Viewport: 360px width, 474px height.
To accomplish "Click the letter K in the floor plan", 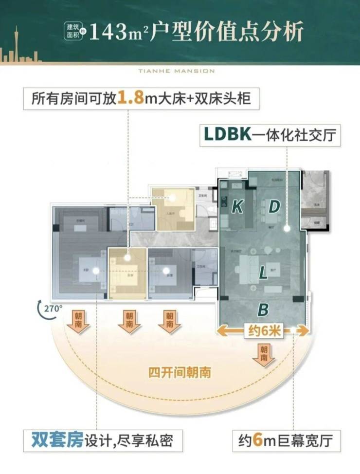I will (x=237, y=207).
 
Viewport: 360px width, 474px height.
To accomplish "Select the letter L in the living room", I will (x=263, y=273).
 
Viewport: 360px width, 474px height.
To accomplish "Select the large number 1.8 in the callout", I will (x=130, y=98).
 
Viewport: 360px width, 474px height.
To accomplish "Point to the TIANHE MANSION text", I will (x=180, y=71).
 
